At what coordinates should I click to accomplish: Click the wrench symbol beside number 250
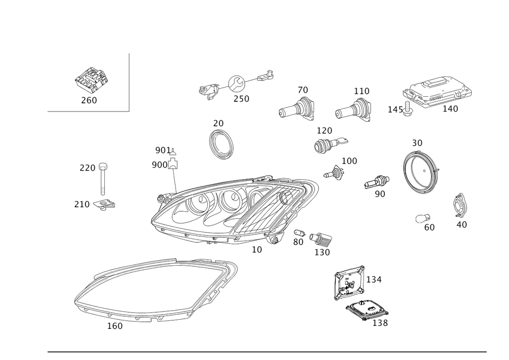(237, 84)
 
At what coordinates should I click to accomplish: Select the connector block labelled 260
(91, 79)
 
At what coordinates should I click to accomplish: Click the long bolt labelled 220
(103, 179)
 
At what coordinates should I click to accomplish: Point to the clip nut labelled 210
(104, 204)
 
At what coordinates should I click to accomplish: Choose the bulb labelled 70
(297, 109)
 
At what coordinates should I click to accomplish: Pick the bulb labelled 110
(353, 110)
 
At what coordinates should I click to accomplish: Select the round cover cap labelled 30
(420, 171)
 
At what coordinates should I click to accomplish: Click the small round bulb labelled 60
(422, 218)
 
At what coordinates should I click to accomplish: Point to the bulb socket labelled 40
(459, 205)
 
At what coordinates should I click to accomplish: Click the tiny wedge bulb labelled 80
(299, 233)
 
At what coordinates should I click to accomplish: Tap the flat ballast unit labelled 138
(367, 310)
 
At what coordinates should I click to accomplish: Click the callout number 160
(115, 326)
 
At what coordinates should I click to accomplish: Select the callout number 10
(257, 250)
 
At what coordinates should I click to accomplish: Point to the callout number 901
(163, 150)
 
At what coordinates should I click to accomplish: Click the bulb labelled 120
(330, 144)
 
